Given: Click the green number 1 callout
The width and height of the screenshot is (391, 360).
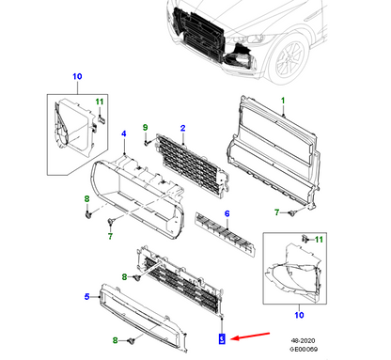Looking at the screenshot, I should [281, 98].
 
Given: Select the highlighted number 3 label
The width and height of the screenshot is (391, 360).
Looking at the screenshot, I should [221, 337].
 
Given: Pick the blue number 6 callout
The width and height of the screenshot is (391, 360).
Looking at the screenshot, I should [226, 214].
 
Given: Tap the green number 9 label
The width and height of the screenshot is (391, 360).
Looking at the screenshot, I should [146, 127].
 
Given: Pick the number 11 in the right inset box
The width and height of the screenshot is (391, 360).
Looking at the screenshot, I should [318, 241].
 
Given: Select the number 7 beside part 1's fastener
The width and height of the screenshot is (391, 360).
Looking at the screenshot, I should [277, 213].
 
